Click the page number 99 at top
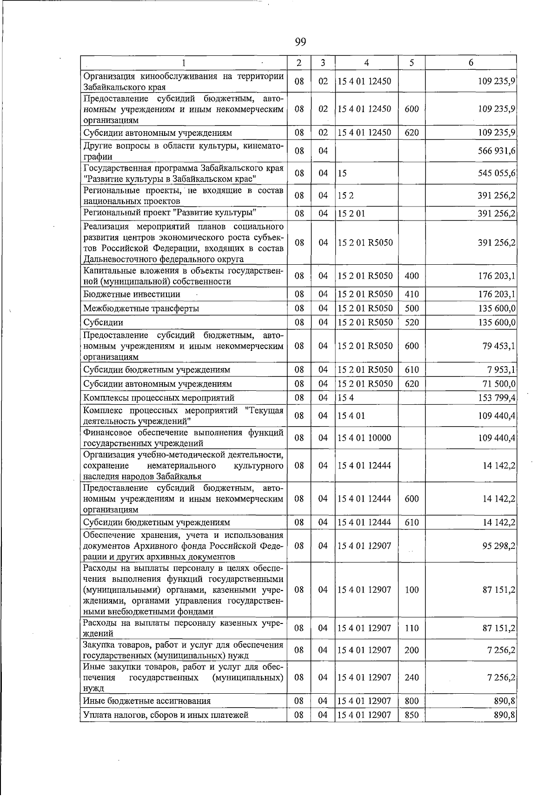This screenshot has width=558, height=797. point(300,42)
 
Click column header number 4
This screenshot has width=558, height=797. point(366,63)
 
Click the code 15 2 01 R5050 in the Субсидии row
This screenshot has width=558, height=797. point(365,322)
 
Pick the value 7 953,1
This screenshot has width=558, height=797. point(502,370)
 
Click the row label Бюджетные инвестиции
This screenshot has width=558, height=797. point(132,295)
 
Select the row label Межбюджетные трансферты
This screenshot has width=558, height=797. point(141,308)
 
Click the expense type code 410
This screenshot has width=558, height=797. point(412,295)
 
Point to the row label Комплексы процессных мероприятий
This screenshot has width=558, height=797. point(159,398)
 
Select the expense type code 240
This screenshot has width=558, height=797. point(412,677)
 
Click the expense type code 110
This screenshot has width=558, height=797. point(412,628)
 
